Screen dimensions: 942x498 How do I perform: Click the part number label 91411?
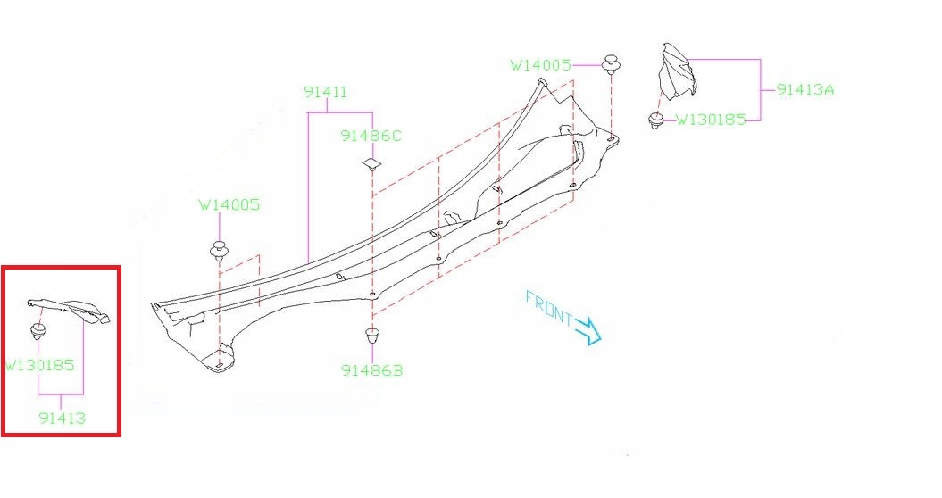[325, 93]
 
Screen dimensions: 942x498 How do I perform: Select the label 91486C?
[371, 136]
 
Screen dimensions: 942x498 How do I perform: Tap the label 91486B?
[371, 370]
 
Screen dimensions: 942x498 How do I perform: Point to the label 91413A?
[805, 90]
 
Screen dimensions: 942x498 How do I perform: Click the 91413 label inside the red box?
[62, 418]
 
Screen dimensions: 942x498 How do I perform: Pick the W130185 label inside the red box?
[39, 365]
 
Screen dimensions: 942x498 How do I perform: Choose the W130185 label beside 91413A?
[711, 120]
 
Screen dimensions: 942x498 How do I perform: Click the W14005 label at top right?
[541, 65]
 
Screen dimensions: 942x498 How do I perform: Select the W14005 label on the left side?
[229, 205]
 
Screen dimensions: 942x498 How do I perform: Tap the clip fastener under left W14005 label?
[220, 251]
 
